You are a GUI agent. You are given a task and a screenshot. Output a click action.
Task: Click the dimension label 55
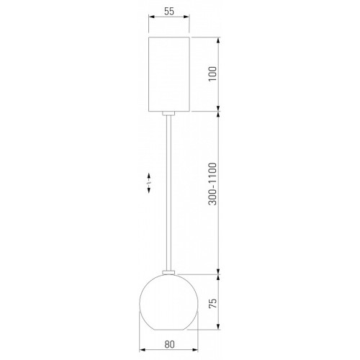coord(169,12)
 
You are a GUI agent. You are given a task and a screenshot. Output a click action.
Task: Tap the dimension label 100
coord(212,74)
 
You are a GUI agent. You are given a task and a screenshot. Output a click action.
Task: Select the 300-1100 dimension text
coord(212,184)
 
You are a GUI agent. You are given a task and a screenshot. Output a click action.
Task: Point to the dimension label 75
coord(212,303)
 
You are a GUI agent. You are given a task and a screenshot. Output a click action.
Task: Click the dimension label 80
coord(169,344)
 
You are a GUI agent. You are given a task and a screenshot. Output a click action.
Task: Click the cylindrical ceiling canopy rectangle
coord(169,74)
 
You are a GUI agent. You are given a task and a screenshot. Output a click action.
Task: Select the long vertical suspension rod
coord(169,193)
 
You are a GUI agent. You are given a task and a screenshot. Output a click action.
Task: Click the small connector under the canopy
coord(168,114)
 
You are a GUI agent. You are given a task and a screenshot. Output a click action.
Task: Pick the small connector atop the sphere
coord(168,272)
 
